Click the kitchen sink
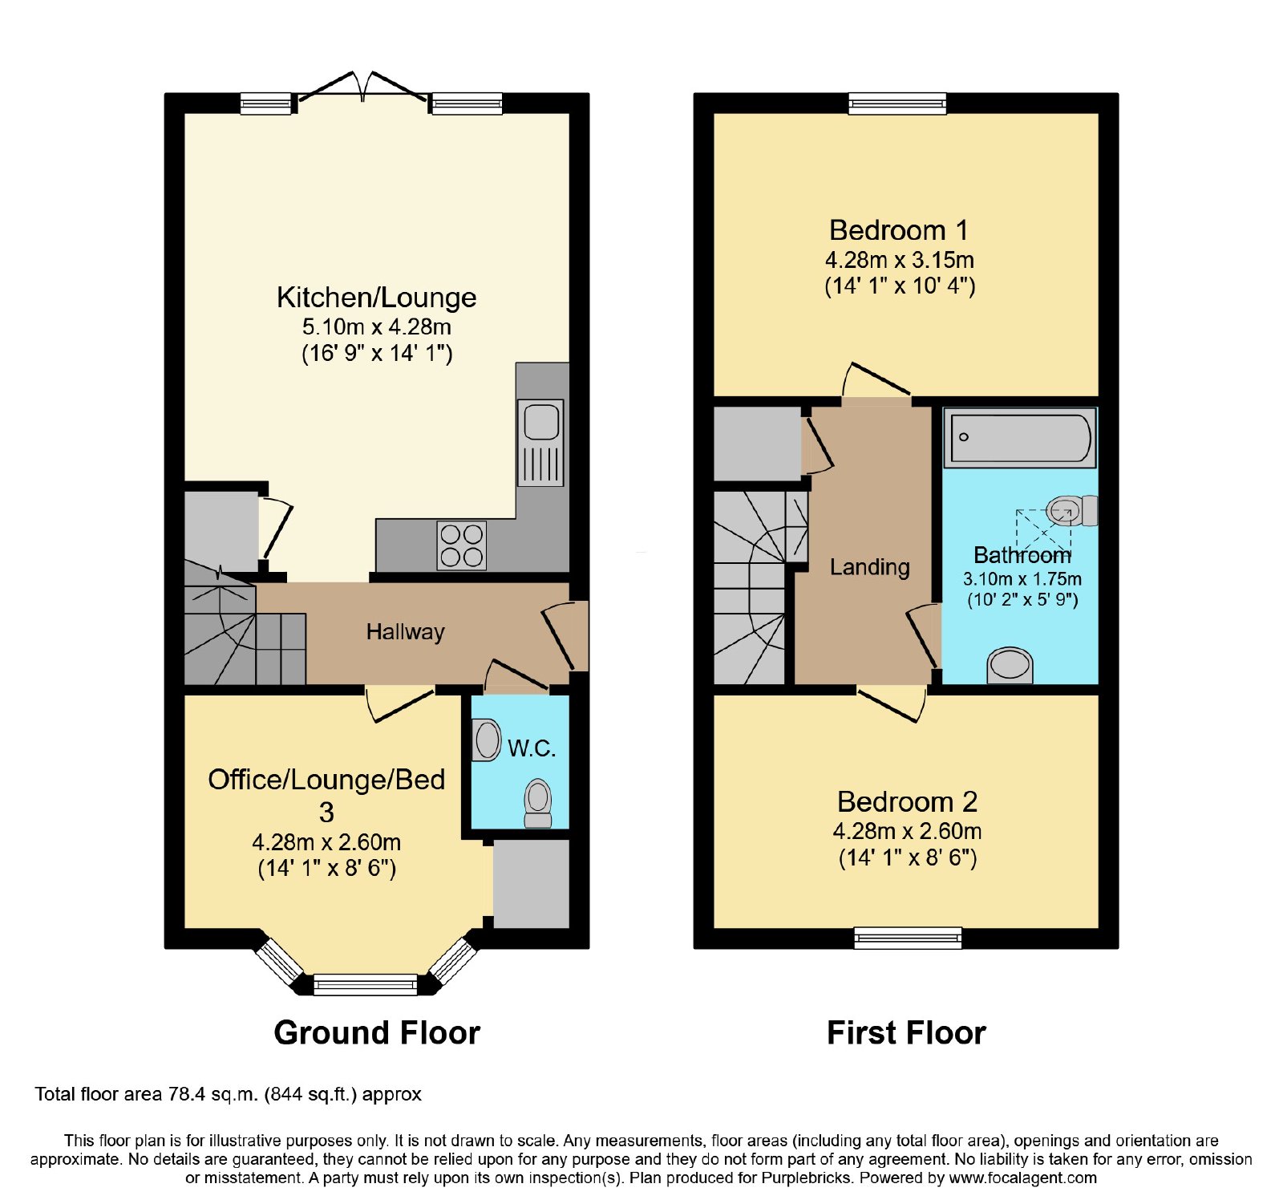tap(540, 442)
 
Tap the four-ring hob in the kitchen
tap(462, 545)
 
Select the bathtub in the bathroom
tap(1019, 438)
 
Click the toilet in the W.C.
tap(538, 803)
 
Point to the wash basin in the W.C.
tap(486, 740)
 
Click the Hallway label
tap(406, 632)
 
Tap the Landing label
tap(870, 567)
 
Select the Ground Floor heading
tap(377, 1032)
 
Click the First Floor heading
tap(906, 1032)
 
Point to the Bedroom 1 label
tap(899, 230)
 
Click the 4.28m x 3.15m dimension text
tap(900, 260)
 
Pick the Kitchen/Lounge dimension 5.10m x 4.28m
tap(377, 327)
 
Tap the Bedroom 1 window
tap(897, 103)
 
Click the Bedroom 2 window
tap(908, 938)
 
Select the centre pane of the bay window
tap(366, 984)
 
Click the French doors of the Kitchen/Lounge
tap(362, 88)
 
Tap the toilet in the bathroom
tap(1073, 510)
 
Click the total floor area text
tap(228, 1094)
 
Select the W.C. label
tap(532, 748)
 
